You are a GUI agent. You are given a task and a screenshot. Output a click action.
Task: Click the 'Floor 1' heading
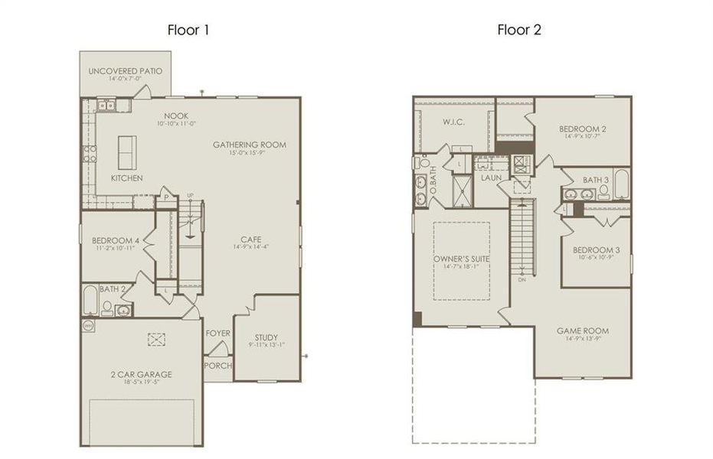[x=188, y=31]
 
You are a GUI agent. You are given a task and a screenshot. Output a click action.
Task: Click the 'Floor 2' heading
[x=519, y=31]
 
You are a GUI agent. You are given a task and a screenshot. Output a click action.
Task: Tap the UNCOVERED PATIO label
[x=126, y=71]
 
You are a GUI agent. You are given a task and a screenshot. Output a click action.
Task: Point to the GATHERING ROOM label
[x=249, y=145]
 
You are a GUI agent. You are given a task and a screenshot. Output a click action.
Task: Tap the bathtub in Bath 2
[x=90, y=301]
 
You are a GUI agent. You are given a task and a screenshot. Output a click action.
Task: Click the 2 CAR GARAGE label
[x=141, y=374]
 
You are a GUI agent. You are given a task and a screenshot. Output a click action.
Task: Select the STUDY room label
[x=266, y=337]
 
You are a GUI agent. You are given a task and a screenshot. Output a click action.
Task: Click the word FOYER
[x=218, y=334]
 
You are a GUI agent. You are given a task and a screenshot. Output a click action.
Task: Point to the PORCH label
[x=218, y=366]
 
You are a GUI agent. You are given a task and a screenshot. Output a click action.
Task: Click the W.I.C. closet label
[x=453, y=122]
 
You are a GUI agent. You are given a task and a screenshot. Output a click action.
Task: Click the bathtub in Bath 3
[x=621, y=185]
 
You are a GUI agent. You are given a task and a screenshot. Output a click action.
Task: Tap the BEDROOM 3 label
[x=596, y=249]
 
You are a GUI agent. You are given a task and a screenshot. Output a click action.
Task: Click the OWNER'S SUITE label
[x=462, y=259]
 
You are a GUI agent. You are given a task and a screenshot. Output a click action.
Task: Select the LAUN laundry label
[x=491, y=177]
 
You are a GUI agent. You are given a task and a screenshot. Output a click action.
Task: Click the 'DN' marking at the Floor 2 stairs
[x=522, y=279]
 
